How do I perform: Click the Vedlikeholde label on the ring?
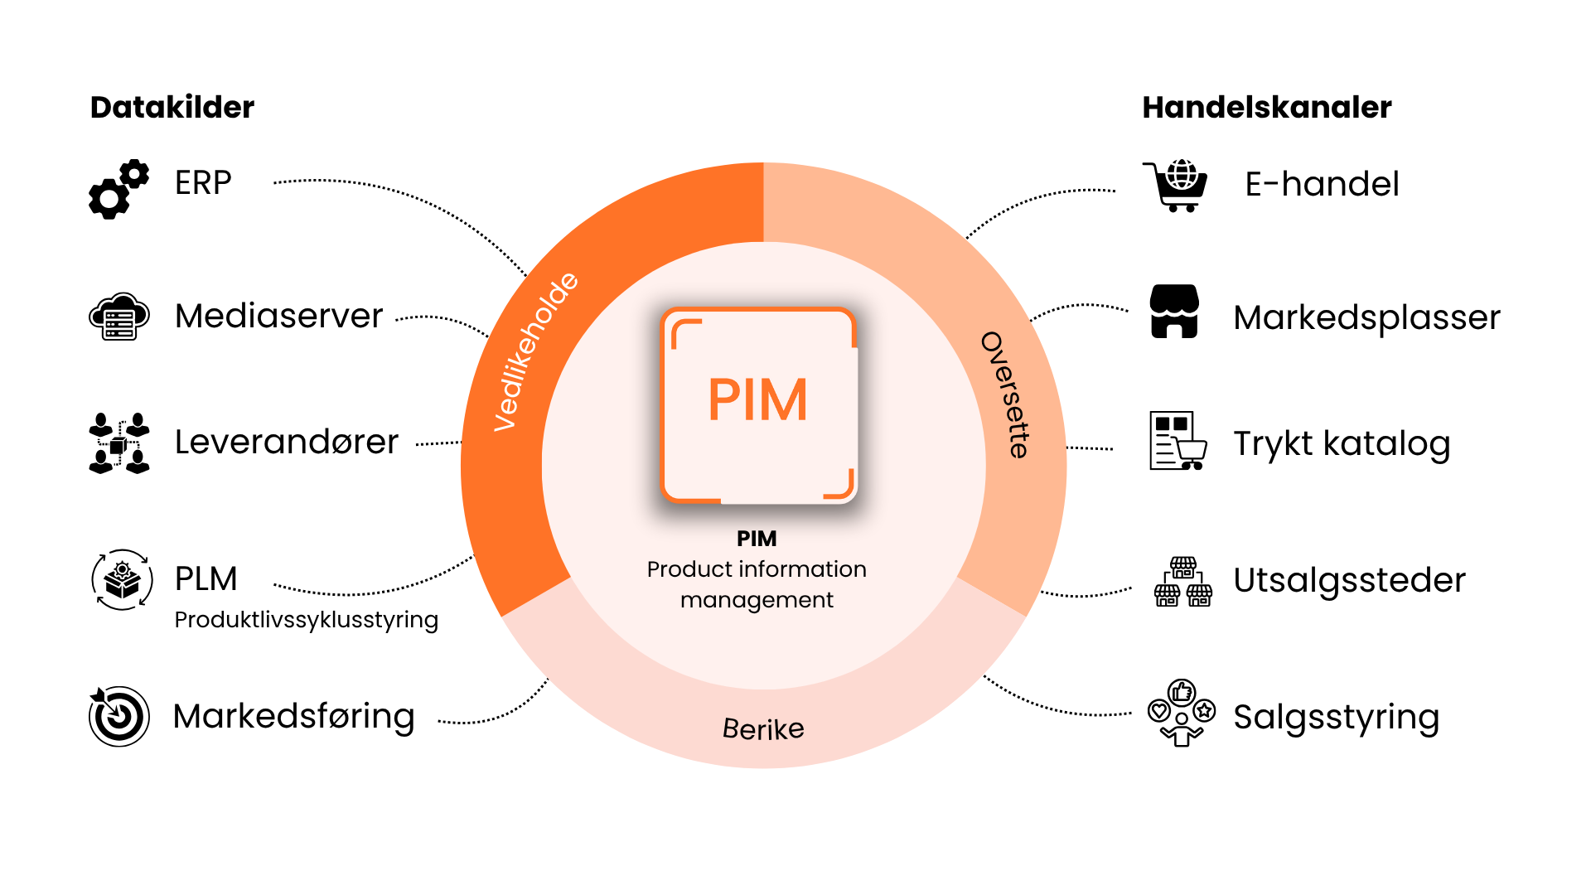[x=535, y=351]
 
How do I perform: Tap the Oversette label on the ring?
[x=1005, y=394]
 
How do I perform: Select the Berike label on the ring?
[x=763, y=729]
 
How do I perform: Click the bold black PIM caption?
[x=757, y=539]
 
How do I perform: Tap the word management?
[x=757, y=600]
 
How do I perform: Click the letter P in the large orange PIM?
[x=724, y=400]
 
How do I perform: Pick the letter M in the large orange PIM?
[x=785, y=400]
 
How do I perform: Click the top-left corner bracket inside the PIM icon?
[x=684, y=331]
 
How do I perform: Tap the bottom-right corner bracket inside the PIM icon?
[x=841, y=486]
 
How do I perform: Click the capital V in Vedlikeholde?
[x=504, y=418]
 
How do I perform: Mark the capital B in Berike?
[x=732, y=728]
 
